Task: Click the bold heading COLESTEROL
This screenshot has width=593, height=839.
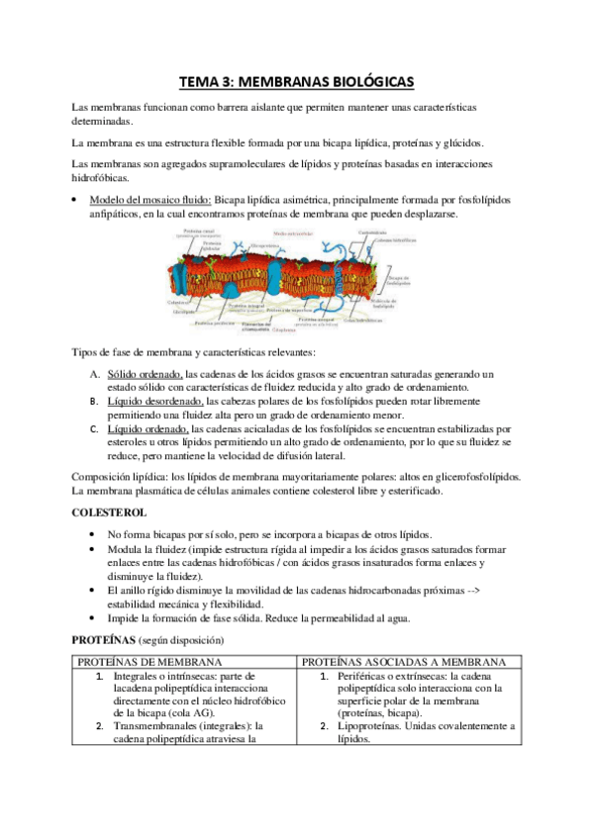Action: [110, 513]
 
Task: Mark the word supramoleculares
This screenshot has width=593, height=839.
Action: [244, 162]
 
